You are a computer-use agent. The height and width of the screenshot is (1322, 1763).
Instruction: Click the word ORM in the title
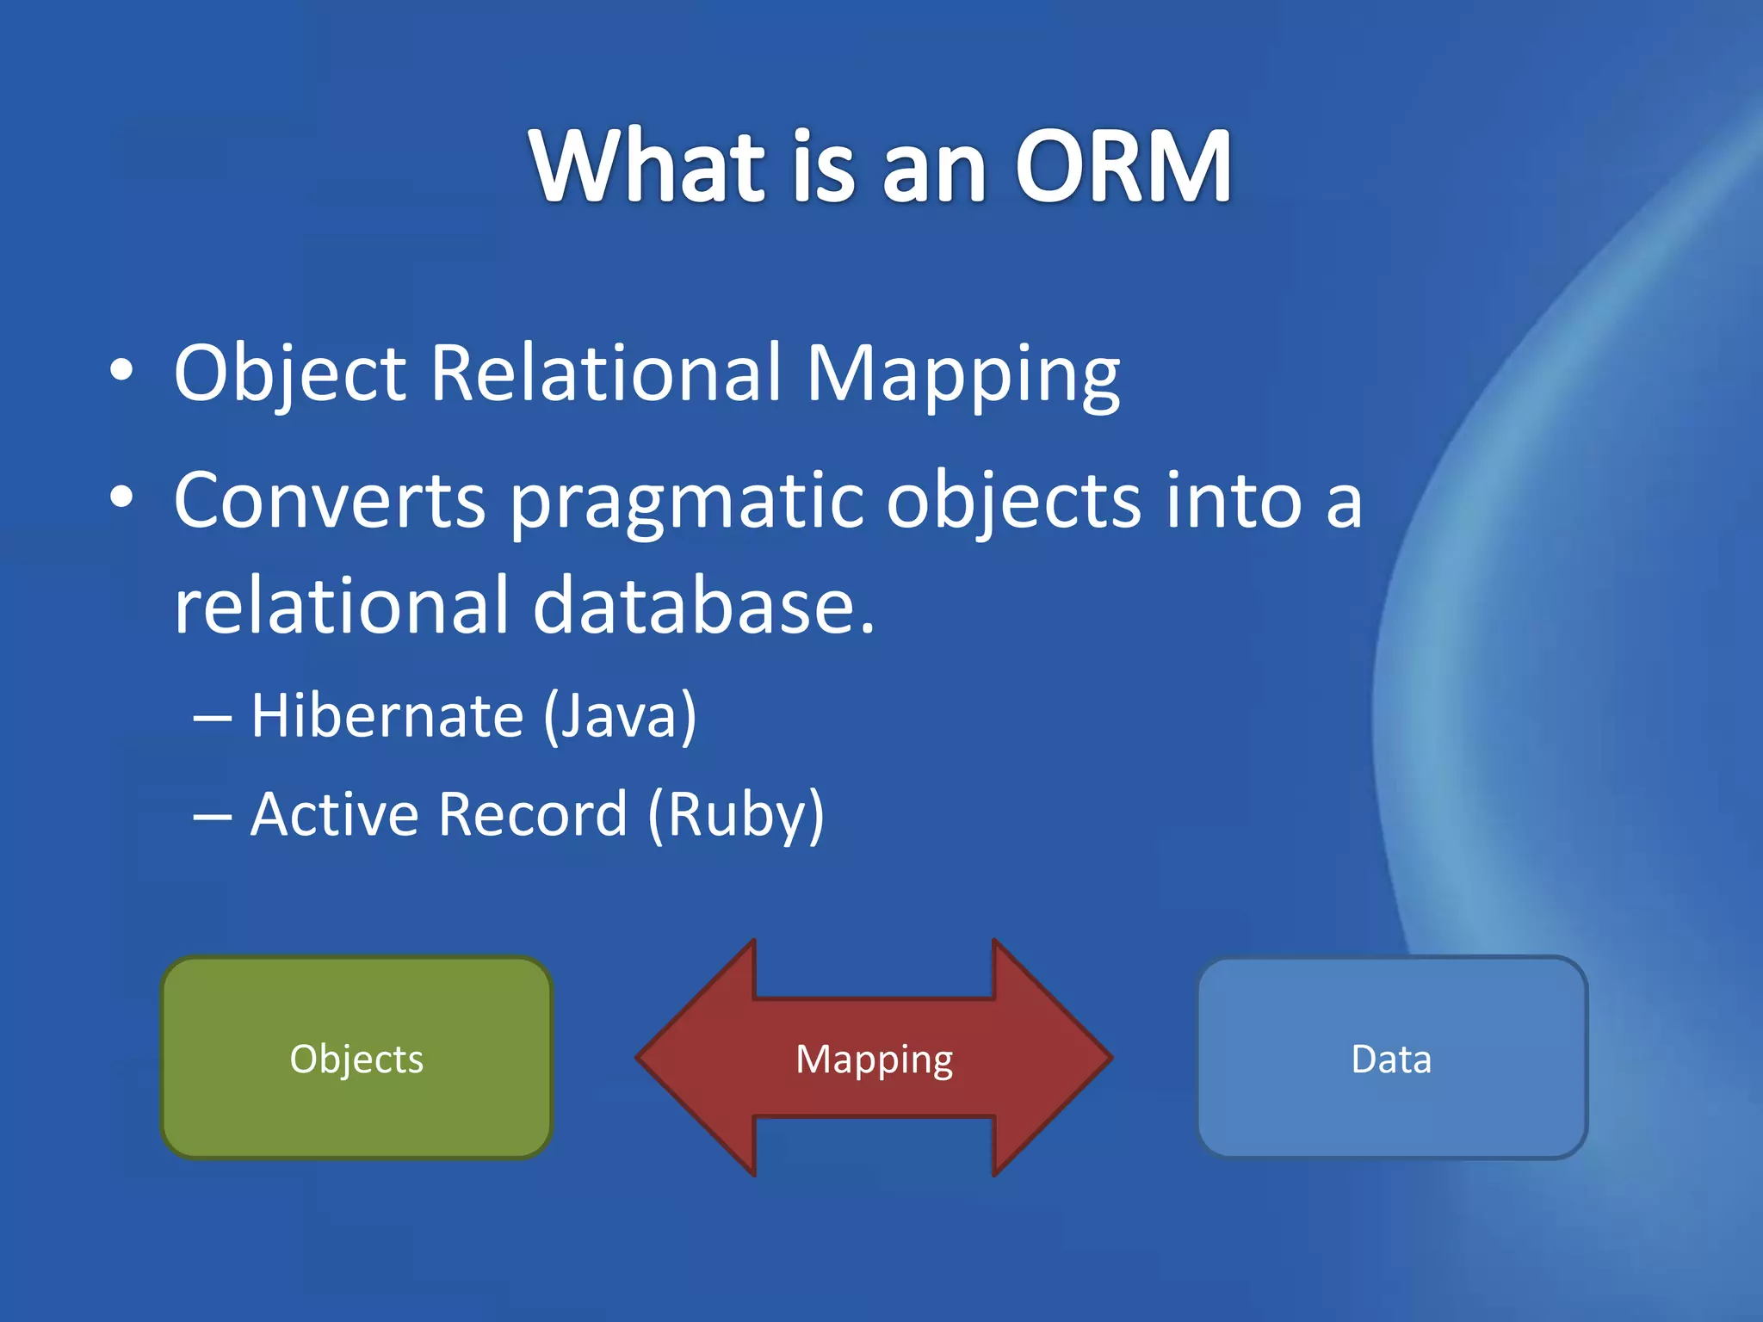(x=1123, y=165)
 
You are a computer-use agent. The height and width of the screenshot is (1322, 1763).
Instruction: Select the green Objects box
(x=356, y=1058)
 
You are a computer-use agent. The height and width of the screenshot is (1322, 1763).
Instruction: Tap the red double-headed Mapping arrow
(x=875, y=1058)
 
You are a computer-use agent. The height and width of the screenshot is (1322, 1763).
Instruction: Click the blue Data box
(x=1391, y=1058)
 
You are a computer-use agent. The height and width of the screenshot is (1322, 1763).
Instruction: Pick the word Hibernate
(x=387, y=716)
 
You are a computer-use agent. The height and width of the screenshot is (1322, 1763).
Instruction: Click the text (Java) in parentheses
(x=619, y=716)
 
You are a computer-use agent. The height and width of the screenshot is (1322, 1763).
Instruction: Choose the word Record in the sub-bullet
(x=533, y=814)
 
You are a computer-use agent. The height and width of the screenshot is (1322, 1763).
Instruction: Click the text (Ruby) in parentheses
(x=735, y=814)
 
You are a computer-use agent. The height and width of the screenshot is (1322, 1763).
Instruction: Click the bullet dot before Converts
(x=122, y=497)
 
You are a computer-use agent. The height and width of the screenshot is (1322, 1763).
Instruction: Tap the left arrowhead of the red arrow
(x=697, y=1058)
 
